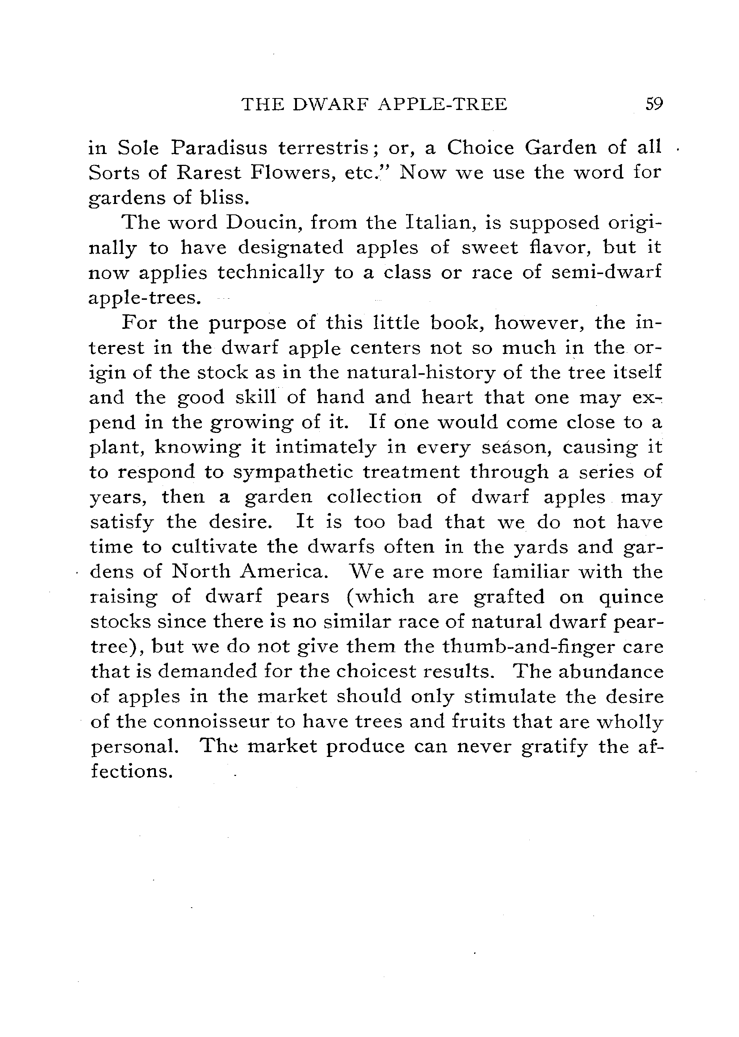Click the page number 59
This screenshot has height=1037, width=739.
point(654,105)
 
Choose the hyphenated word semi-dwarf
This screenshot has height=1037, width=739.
point(606,273)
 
